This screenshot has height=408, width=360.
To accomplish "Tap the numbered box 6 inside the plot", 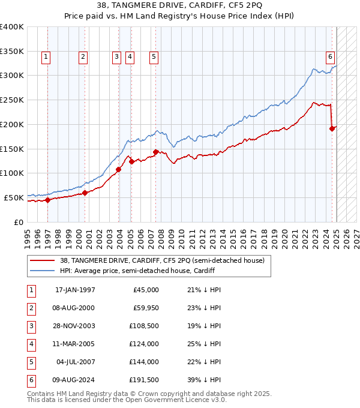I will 330,57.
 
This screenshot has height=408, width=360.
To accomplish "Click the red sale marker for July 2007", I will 155,152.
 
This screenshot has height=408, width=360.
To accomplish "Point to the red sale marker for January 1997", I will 48,200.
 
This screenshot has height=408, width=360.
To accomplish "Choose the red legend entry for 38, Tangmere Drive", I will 162,260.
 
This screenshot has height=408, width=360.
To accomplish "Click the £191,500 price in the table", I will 145,380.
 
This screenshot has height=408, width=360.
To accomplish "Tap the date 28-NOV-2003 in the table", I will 75,326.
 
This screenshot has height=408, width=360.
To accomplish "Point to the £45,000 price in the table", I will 146,290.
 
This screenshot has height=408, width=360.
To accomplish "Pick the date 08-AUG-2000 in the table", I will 75,308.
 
